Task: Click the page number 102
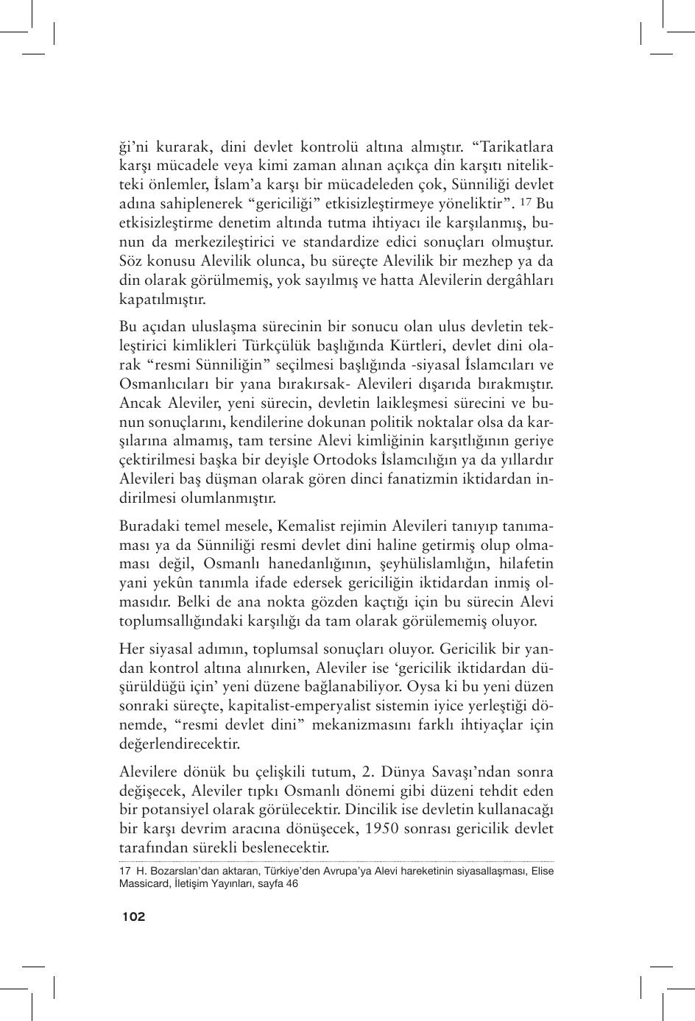(134, 916)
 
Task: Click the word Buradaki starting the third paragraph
(151, 526)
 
